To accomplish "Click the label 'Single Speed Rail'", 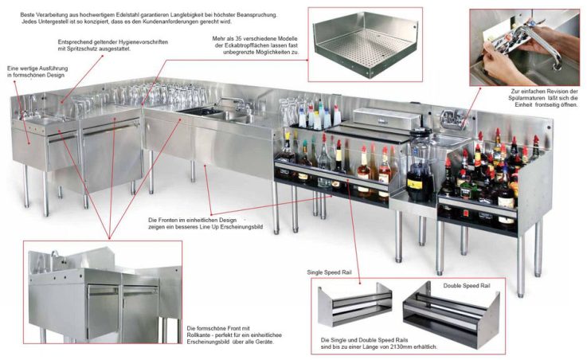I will [330, 272].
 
